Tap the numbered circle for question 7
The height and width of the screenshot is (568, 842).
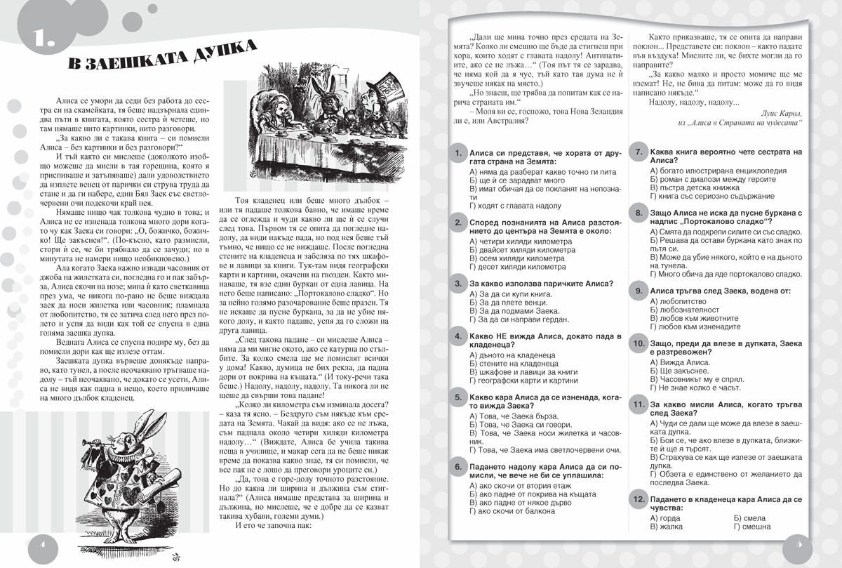[x=639, y=152]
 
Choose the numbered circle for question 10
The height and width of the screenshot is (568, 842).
[x=639, y=343]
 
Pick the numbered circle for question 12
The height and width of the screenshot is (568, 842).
[x=639, y=499]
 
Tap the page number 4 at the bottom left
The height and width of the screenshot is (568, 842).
[x=41, y=545]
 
